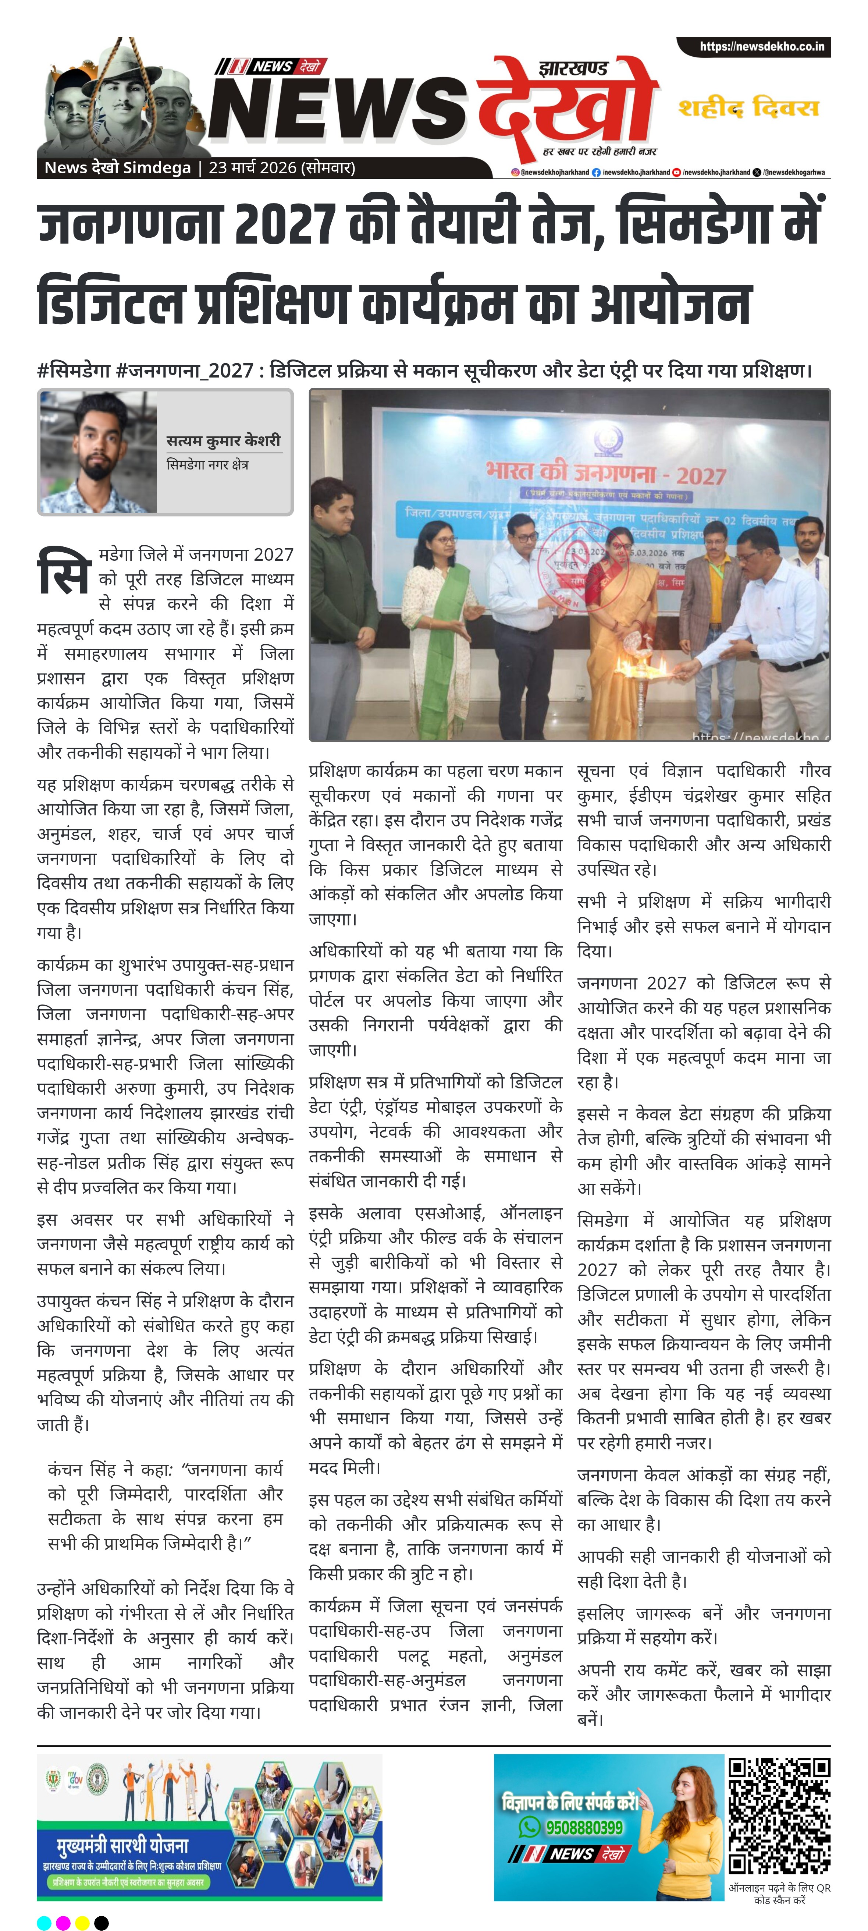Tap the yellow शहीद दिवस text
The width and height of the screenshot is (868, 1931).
pos(748,108)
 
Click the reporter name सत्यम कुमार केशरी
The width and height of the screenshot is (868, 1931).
pos(223,440)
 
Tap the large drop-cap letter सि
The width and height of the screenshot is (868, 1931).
pos(64,571)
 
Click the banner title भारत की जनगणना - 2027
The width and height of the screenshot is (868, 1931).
pos(606,473)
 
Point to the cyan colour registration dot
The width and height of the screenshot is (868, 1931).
pos(44,1922)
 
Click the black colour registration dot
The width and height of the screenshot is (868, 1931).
pos(101,1922)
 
